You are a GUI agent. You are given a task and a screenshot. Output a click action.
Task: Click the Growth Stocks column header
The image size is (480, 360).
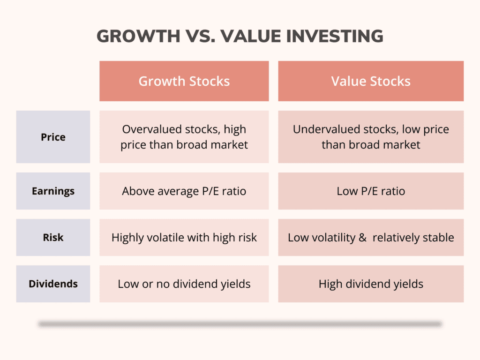pyautogui.click(x=184, y=81)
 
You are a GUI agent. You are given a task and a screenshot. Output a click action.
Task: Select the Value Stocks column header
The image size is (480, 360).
pyautogui.click(x=371, y=81)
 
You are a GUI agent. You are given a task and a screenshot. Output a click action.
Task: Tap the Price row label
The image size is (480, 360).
pyautogui.click(x=53, y=137)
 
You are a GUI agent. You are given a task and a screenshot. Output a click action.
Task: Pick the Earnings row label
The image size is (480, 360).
pyautogui.click(x=53, y=191)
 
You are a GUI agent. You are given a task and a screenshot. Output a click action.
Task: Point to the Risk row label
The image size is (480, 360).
pyautogui.click(x=53, y=238)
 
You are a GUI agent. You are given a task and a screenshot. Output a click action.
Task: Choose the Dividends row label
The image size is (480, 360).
pyautogui.click(x=53, y=284)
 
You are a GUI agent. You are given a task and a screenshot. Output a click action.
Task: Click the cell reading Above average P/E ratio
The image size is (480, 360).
pyautogui.click(x=184, y=191)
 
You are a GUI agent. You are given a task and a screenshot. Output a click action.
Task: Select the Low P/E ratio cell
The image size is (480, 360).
pyautogui.click(x=371, y=191)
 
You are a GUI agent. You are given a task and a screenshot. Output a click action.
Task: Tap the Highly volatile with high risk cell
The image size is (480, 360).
pyautogui.click(x=184, y=238)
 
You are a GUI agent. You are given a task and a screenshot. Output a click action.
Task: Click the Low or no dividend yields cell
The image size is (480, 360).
pyautogui.click(x=184, y=284)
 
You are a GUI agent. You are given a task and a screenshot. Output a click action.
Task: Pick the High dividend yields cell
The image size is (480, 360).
pyautogui.click(x=371, y=284)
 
